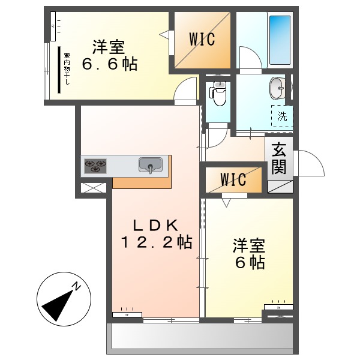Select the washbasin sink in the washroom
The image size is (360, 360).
click(278, 88)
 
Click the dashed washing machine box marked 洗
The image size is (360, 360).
click(281, 116)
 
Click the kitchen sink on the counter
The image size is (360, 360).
click(151, 164)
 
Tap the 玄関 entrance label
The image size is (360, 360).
click(279, 158)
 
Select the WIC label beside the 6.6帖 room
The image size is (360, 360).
click(202, 39)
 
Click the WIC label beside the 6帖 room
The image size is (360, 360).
click(232, 180)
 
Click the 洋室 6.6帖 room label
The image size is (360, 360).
click(114, 55)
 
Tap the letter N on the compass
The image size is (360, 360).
click(77, 286)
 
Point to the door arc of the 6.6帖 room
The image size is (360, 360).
click(187, 89)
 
